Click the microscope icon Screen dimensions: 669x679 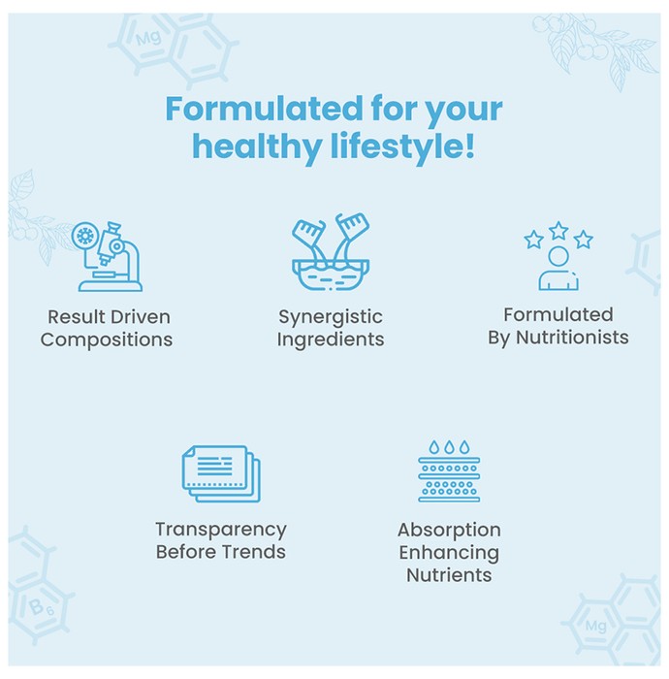(x=107, y=256)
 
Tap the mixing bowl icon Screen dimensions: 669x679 (x=331, y=251)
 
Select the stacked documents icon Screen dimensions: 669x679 (x=221, y=473)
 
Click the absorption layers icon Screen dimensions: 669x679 (x=449, y=471)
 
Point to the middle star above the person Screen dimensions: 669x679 (x=558, y=231)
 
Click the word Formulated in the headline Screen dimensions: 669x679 (x=264, y=109)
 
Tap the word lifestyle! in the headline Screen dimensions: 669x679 (x=402, y=146)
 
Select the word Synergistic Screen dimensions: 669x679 (x=331, y=317)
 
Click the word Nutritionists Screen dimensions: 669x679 (x=572, y=338)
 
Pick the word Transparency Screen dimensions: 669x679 (x=221, y=530)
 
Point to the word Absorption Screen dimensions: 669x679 (x=449, y=531)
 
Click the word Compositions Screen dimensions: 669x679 (x=107, y=339)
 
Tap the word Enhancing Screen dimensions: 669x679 (x=449, y=553)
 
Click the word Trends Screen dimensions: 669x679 (x=254, y=552)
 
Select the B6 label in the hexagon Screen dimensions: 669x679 (x=41, y=607)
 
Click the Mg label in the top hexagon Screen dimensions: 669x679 (x=148, y=38)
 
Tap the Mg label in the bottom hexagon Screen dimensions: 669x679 (x=596, y=627)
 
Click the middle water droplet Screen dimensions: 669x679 (x=449, y=447)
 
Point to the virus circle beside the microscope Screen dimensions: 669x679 (x=84, y=236)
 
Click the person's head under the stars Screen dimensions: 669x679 (x=558, y=256)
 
